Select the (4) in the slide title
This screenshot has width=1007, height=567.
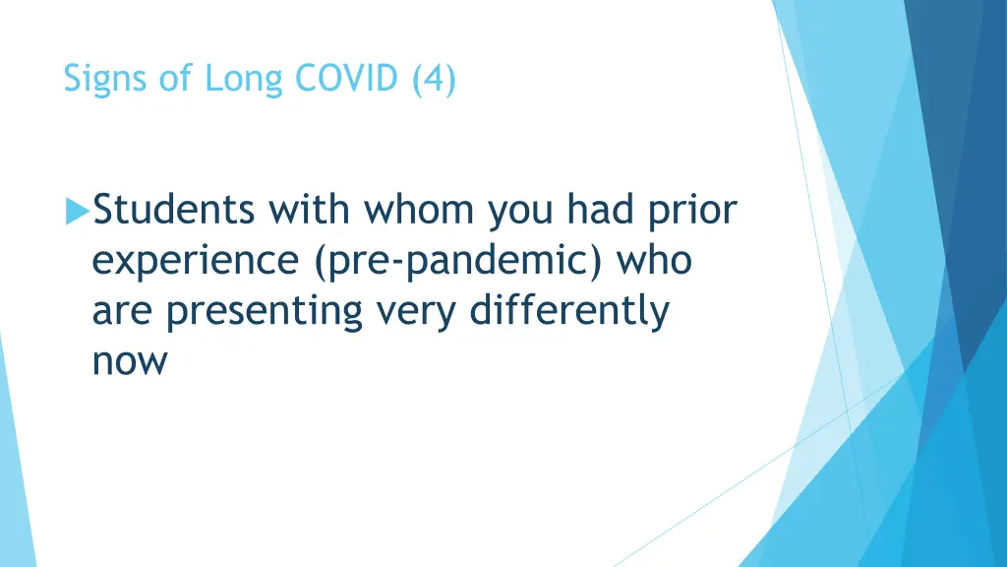[433, 79]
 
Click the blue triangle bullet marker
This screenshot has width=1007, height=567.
[77, 210]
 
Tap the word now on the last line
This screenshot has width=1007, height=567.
[130, 362]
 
